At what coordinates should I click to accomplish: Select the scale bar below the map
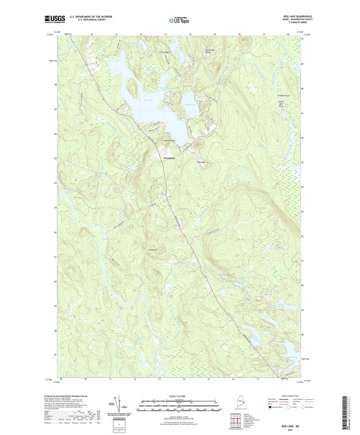click(179, 407)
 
